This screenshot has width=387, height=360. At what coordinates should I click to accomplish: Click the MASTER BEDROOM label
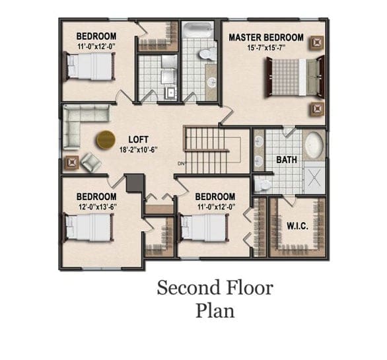point(266,38)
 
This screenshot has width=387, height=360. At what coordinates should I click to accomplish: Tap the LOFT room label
point(138,139)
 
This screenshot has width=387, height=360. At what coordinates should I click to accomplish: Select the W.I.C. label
point(297,226)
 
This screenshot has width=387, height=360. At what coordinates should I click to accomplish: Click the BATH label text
point(287,160)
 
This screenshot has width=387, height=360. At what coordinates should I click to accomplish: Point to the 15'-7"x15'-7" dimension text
point(266,48)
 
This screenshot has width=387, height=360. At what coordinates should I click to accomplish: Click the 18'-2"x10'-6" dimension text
point(138,150)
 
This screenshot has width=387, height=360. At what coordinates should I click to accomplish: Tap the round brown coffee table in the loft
point(106,140)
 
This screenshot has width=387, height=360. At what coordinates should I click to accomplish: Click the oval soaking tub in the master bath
point(314,145)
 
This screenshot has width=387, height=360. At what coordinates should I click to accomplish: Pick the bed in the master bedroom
point(295,77)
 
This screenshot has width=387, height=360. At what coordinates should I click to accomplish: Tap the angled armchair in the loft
point(91,162)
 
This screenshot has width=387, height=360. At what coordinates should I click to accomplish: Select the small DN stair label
point(182,163)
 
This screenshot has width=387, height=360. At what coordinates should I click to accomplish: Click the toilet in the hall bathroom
point(207,54)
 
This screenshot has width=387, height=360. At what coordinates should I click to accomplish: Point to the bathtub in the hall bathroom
point(197,30)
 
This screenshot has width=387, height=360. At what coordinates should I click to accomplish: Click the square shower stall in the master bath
point(314,177)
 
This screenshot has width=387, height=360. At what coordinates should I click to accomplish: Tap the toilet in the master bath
point(263,184)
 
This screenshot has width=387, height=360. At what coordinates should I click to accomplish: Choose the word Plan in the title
point(215,311)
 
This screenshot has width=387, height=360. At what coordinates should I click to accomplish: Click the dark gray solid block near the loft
point(135,183)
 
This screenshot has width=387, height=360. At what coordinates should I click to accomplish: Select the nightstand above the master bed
point(317,43)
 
